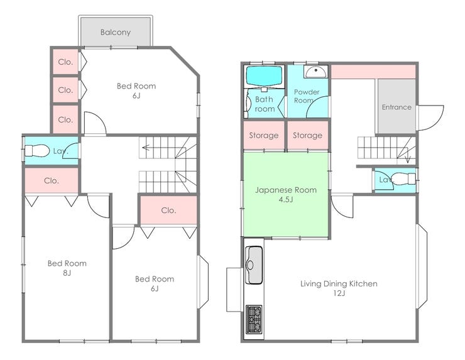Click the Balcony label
116,32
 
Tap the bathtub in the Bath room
264,76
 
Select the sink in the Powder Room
315,72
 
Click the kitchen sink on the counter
254,265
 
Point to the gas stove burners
254,319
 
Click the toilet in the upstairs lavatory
37,151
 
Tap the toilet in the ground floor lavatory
405,178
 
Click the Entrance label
397,107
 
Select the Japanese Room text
286,190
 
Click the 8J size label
67,273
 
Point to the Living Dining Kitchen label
339,284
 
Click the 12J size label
339,293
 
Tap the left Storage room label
264,136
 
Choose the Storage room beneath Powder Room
308,135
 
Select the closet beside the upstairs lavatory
52,180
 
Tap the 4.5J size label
285,200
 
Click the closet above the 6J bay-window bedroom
168,210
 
